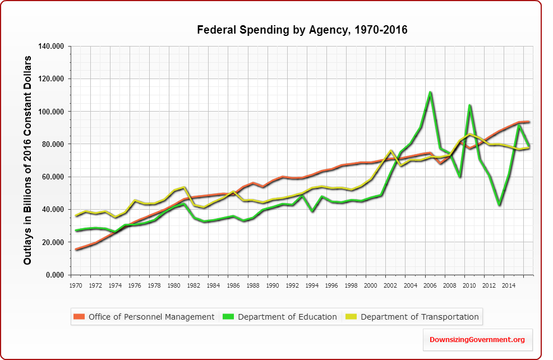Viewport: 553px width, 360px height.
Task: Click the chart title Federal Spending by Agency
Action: pos(302,30)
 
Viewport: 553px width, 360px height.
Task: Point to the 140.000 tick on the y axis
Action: pos(52,47)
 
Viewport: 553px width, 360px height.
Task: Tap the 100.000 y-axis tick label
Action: pos(52,112)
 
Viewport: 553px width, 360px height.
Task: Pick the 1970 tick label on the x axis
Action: pos(75,285)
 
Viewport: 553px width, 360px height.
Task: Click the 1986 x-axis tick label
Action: pos(233,285)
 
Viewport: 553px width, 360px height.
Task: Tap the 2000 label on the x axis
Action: pos(371,285)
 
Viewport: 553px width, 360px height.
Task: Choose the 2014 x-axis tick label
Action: pos(508,285)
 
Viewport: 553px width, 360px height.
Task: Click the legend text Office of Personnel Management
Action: pos(151,317)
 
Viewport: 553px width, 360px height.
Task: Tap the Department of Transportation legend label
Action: pos(420,317)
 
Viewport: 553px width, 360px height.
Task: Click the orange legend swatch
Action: pos(80,317)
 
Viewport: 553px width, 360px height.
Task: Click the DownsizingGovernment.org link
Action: pos(477,340)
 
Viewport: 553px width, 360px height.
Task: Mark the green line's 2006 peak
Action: pos(430,92)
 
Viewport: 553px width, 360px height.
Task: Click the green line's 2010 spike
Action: pos(469,105)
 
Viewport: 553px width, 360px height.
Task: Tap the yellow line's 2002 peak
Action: pos(390,151)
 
